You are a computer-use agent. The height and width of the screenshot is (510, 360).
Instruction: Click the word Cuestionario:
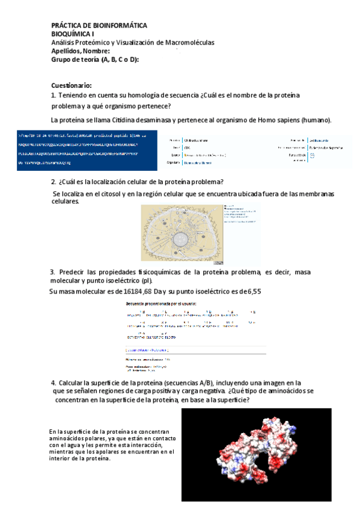click(72, 86)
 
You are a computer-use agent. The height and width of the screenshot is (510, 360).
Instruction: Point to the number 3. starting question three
click(53, 272)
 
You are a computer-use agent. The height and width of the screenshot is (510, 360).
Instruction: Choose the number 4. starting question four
click(53, 382)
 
